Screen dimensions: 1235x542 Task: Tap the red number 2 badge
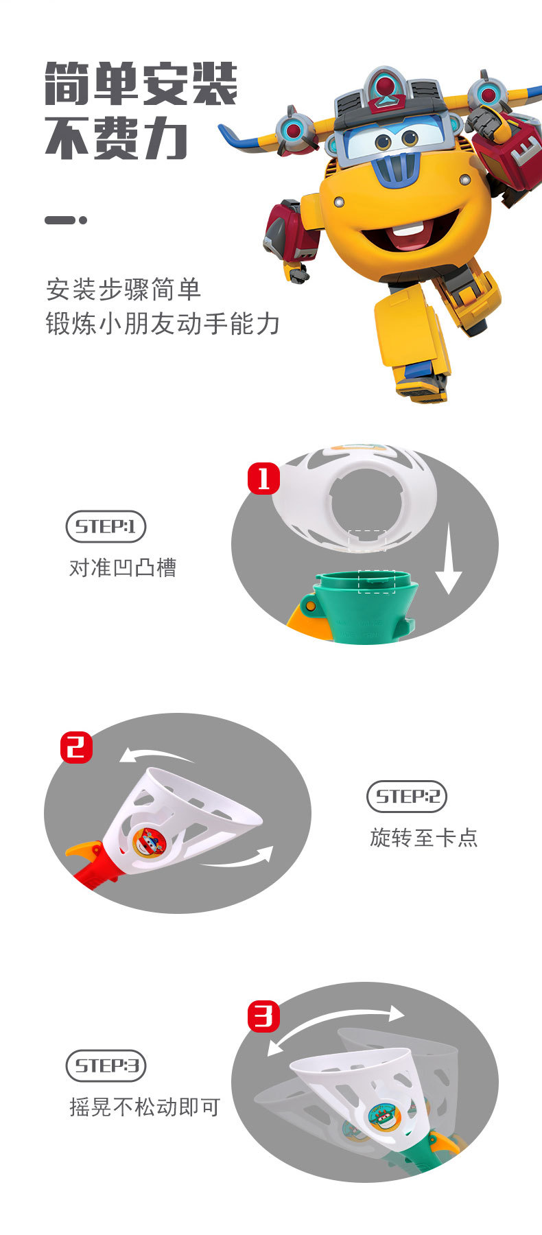pyautogui.click(x=76, y=746)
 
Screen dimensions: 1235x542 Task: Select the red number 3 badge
pyautogui.click(x=264, y=1015)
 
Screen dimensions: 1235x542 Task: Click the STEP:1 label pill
pyautogui.click(x=106, y=527)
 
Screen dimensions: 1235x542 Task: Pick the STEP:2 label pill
pyautogui.click(x=407, y=797)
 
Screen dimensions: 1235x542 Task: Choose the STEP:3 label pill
pyautogui.click(x=106, y=1066)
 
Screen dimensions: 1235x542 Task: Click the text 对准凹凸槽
pyautogui.click(x=123, y=568)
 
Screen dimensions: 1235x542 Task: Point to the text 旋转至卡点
pyautogui.click(x=423, y=838)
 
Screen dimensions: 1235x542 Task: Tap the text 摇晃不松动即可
pyautogui.click(x=145, y=1107)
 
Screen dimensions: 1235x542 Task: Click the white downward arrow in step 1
pyautogui.click(x=448, y=558)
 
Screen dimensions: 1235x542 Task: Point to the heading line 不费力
pyautogui.click(x=117, y=139)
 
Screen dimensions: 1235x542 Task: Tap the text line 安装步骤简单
pyautogui.click(x=123, y=290)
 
